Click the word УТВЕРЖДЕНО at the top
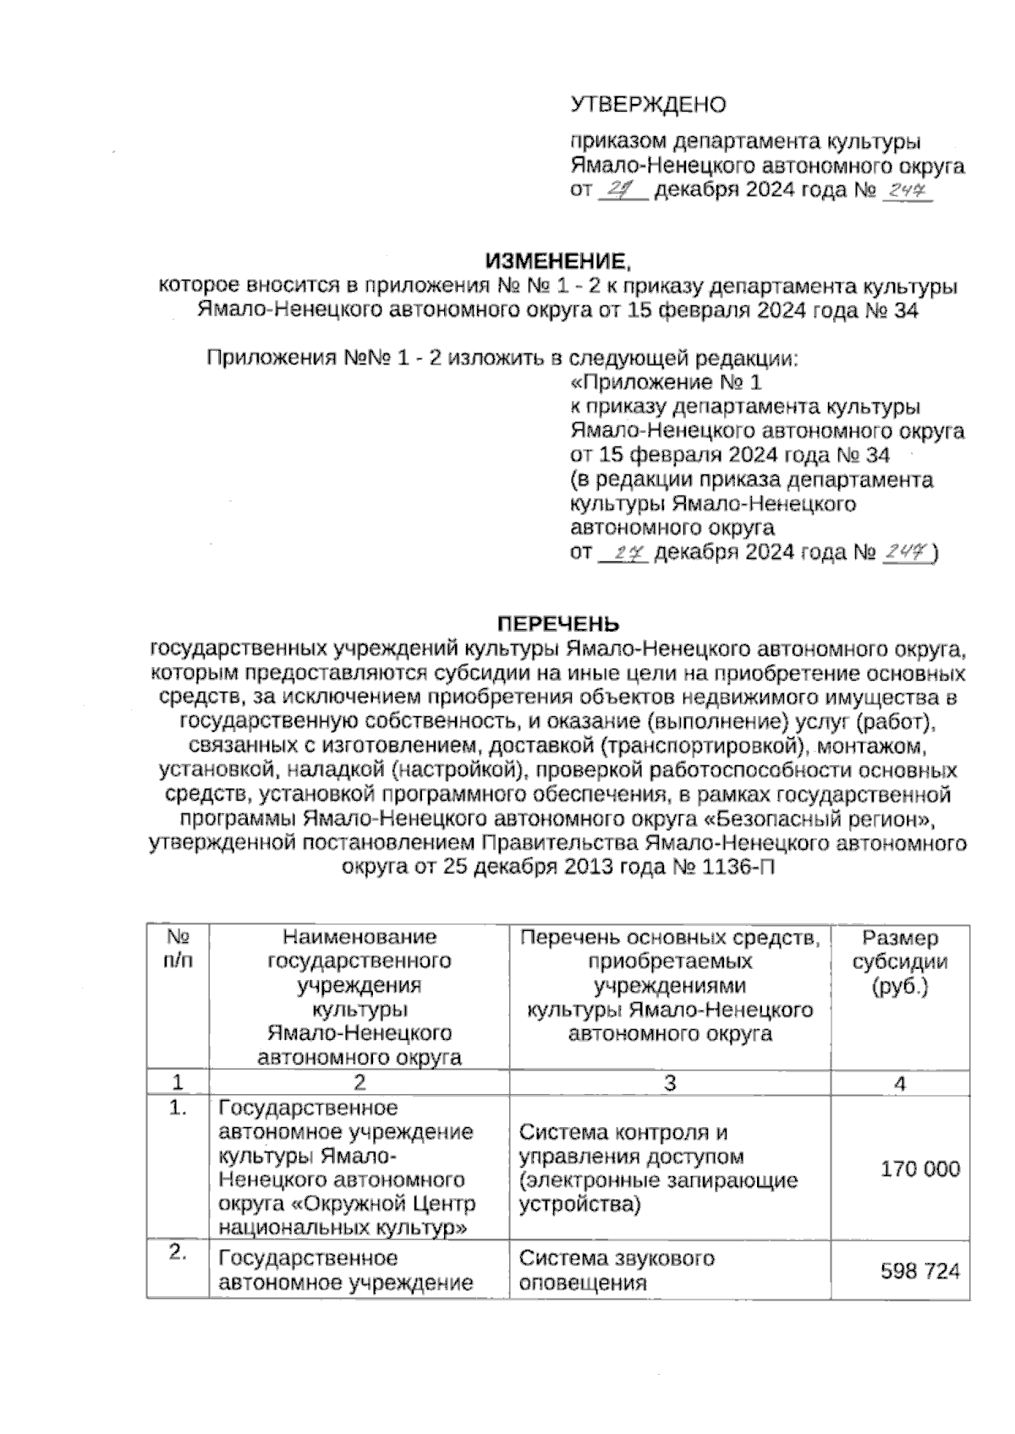[x=648, y=105]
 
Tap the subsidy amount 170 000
[x=920, y=1169]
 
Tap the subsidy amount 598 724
[x=920, y=1270]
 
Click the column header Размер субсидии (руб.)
[x=900, y=961]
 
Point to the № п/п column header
[x=177, y=949]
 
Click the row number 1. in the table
[x=177, y=1109]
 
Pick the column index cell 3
[x=670, y=1083]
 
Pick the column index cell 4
[x=900, y=1083]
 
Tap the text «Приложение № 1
[x=666, y=382]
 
